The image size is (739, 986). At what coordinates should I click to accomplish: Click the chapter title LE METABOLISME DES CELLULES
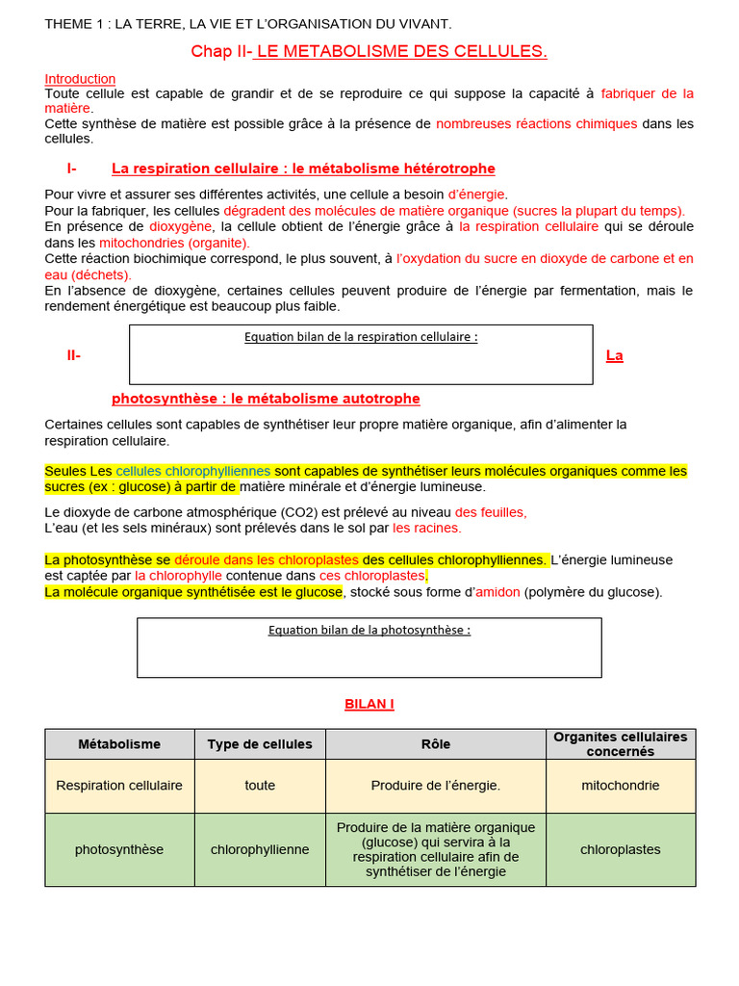tap(400, 52)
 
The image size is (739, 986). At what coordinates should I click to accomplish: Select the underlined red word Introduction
tap(80, 79)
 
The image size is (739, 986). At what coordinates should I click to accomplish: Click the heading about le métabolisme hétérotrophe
tap(303, 169)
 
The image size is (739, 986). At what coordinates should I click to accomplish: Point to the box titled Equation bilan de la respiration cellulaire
tap(361, 354)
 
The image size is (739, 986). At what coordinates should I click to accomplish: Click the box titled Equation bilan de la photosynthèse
tap(369, 647)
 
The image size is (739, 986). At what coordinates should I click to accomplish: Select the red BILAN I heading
tap(369, 704)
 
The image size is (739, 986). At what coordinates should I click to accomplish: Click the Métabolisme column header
tap(119, 744)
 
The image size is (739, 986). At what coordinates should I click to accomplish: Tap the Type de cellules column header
tap(260, 744)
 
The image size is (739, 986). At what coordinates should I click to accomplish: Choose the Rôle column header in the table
tap(436, 744)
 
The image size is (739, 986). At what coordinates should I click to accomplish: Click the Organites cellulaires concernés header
tap(621, 743)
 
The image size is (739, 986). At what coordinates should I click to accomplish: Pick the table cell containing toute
tap(260, 786)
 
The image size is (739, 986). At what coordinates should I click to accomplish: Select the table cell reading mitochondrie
tap(621, 786)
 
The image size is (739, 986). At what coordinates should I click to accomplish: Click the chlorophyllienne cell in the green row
tap(260, 849)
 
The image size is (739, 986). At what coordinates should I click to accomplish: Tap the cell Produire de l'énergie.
tap(436, 786)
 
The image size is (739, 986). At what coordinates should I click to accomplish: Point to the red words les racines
tap(426, 528)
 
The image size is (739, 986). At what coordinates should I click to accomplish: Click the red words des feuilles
tap(491, 512)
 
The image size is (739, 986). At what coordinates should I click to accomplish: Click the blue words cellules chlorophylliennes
tap(193, 471)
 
